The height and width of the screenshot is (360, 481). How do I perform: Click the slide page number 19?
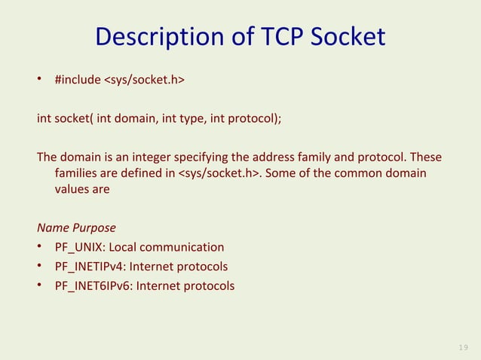[x=462, y=346]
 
